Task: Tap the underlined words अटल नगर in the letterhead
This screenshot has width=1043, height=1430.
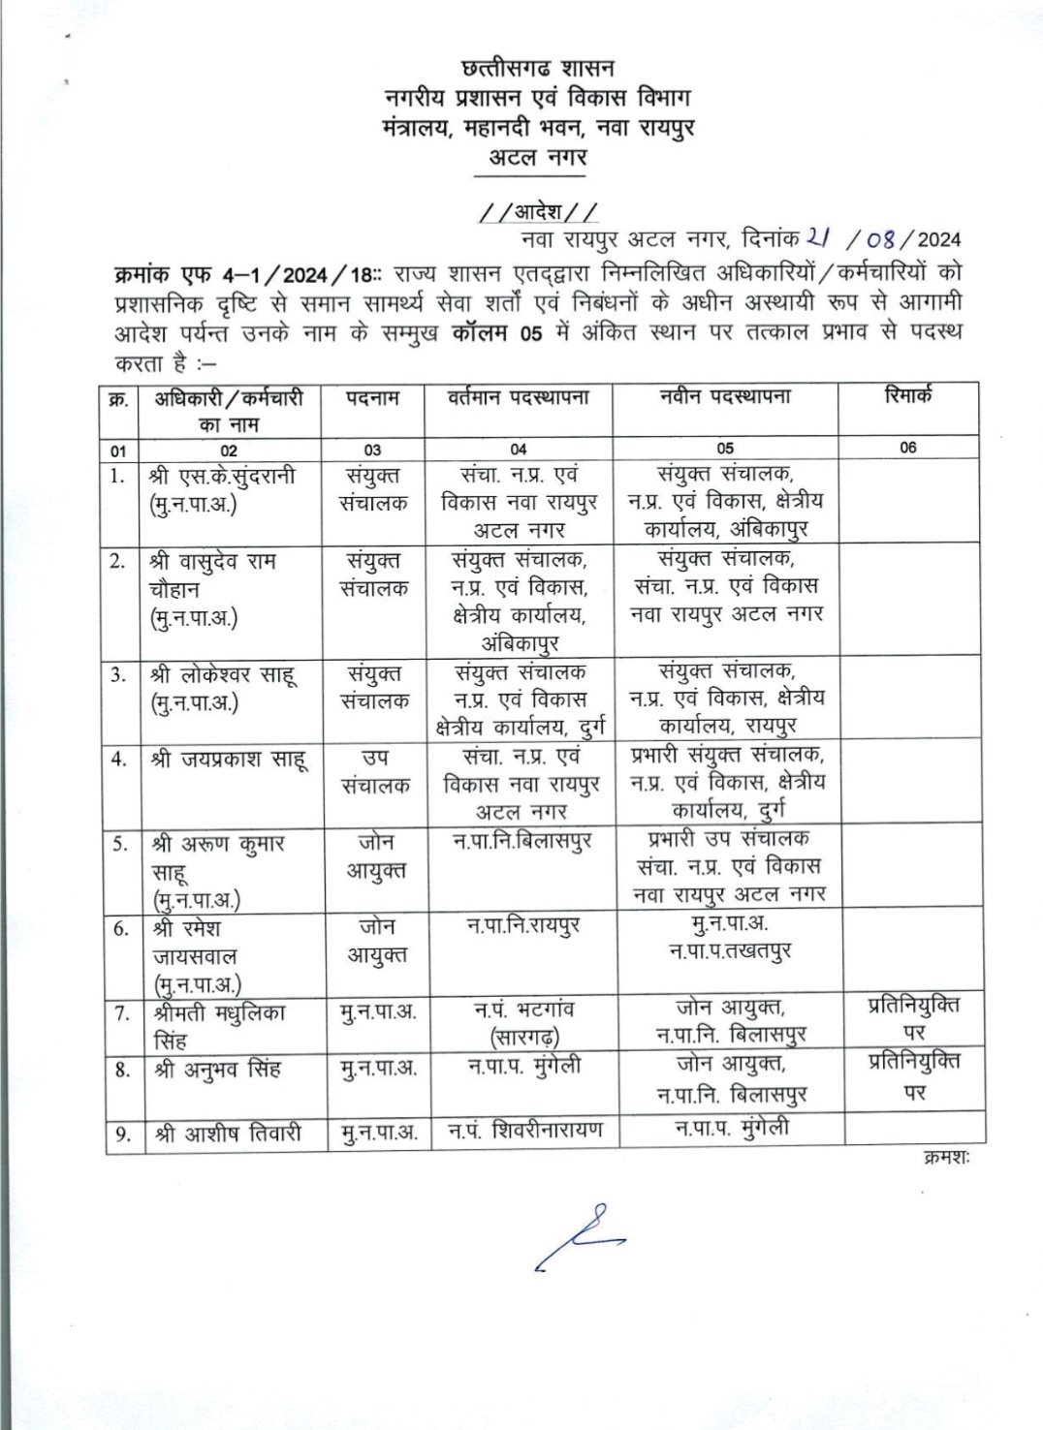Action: click(536, 156)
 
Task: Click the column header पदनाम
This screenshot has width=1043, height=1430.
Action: click(373, 397)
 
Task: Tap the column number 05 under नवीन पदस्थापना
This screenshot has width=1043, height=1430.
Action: click(725, 449)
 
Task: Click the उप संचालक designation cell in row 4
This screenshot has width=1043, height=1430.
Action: click(373, 773)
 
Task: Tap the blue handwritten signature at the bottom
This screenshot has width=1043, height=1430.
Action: click(578, 1237)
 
